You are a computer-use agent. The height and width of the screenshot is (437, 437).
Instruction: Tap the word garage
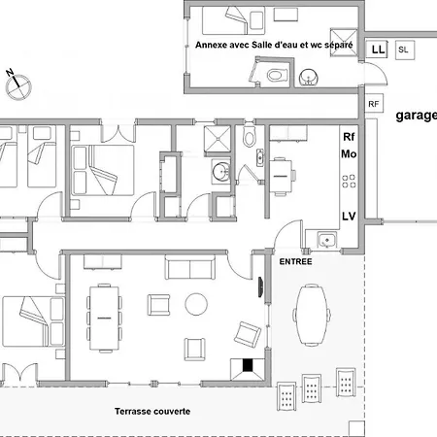417,116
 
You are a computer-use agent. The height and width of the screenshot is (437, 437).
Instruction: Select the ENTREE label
295,261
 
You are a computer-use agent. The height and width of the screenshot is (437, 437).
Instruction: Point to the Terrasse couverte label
152,412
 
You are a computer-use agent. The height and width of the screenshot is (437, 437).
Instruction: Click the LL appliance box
377,50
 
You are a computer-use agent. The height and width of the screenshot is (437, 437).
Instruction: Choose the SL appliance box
405,50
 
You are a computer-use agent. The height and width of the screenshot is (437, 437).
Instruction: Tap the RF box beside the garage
374,104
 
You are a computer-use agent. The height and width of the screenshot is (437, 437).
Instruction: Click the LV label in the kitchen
349,216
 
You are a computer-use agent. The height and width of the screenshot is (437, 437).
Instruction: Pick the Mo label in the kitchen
349,153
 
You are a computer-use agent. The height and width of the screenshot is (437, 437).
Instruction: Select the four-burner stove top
349,182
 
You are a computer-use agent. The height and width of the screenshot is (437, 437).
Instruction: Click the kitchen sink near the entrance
327,241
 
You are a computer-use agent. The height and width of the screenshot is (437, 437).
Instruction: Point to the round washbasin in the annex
309,78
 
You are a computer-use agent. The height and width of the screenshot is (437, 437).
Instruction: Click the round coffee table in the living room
196,304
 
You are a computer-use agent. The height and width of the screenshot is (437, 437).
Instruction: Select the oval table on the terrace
312,315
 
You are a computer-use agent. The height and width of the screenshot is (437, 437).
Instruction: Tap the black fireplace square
248,365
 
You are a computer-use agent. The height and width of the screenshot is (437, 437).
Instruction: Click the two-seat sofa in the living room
190,267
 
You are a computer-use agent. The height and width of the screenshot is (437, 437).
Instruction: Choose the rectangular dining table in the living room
104,318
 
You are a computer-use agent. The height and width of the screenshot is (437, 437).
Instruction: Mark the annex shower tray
344,43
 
